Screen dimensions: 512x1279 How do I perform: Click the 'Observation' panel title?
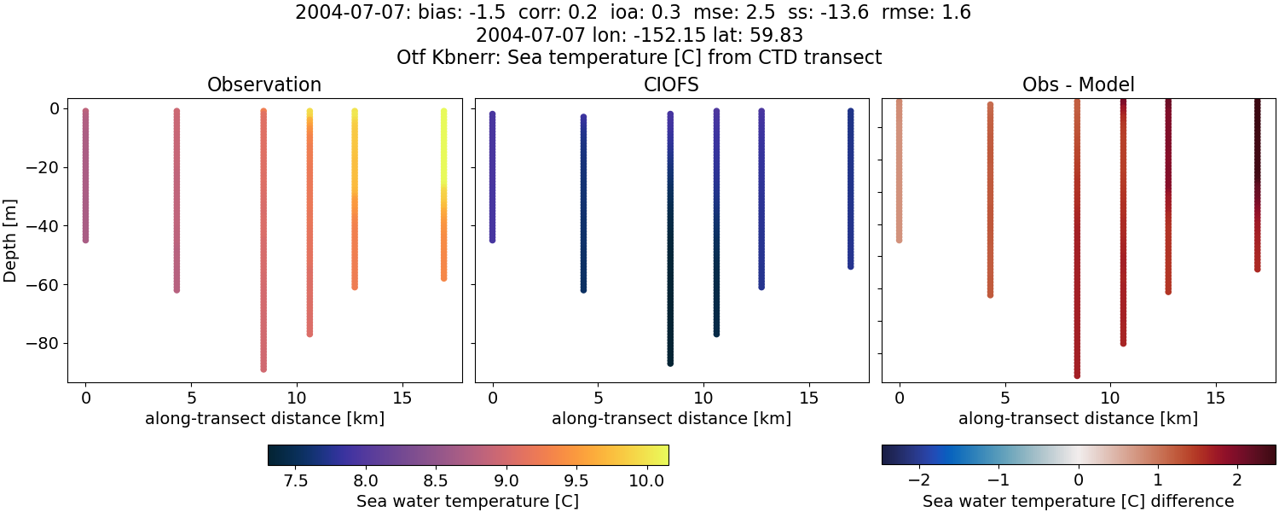[x=264, y=84]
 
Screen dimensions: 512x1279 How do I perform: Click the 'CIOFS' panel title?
[x=671, y=84]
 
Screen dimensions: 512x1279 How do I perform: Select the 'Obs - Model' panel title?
[x=1078, y=84]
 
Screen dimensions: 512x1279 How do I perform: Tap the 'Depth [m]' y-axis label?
[x=10, y=240]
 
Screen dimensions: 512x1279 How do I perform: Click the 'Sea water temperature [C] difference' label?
[x=1078, y=501]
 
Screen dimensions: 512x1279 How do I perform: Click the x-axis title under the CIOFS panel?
[x=671, y=418]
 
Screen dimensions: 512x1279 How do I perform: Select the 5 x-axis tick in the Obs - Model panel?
[x=1004, y=398]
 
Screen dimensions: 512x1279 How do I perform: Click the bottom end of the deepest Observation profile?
[x=263, y=369]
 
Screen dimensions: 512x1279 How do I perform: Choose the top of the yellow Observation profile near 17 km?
[x=443, y=111]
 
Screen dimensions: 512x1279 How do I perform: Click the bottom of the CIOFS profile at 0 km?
[x=492, y=240]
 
